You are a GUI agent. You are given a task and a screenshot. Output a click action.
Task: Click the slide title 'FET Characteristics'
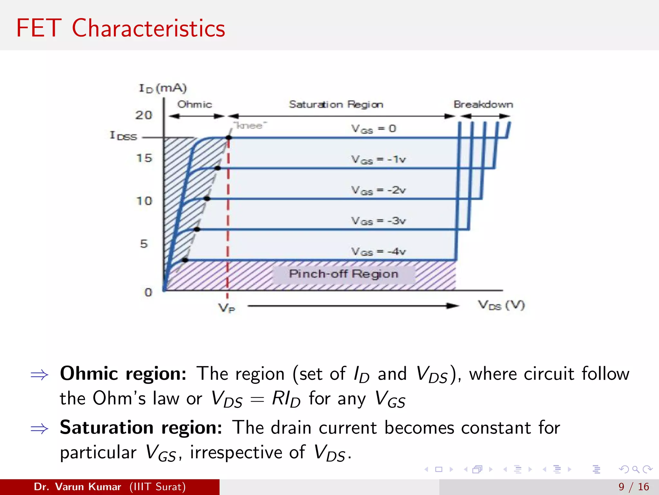pyautogui.click(x=121, y=28)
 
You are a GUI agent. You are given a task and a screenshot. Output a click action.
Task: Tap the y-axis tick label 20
pyautogui.click(x=144, y=115)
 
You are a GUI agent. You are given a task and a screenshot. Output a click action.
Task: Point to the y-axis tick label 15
pyautogui.click(x=144, y=158)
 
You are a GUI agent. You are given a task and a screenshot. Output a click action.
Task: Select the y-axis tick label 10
pyautogui.click(x=144, y=201)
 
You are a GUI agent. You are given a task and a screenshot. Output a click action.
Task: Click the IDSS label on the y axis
pyautogui.click(x=124, y=136)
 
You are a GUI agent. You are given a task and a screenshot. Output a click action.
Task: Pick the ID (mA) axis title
pyautogui.click(x=162, y=88)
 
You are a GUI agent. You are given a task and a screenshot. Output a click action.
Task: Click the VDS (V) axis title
pyautogui.click(x=501, y=305)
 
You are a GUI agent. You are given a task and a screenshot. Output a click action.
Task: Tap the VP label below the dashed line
pyautogui.click(x=227, y=308)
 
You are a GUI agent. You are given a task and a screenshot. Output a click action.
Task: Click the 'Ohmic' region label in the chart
pyautogui.click(x=195, y=104)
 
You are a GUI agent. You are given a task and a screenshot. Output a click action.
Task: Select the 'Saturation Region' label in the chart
pyautogui.click(x=336, y=104)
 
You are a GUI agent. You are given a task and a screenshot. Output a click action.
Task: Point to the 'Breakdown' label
pyautogui.click(x=483, y=104)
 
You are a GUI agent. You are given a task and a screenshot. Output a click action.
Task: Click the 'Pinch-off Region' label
pyautogui.click(x=344, y=274)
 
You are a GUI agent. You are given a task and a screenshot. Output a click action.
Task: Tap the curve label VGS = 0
pyautogui.click(x=373, y=129)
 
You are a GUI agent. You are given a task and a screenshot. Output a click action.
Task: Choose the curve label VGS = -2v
pyautogui.click(x=378, y=190)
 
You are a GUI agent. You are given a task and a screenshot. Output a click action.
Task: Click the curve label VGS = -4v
pyautogui.click(x=378, y=252)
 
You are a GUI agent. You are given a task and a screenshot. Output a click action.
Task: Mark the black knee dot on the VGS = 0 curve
pyautogui.click(x=228, y=138)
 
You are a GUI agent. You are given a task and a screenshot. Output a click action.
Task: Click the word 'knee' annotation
pyautogui.click(x=250, y=125)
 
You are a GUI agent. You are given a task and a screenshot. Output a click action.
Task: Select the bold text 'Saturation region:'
pyautogui.click(x=141, y=428)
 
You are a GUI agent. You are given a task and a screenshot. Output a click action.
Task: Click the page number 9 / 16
pyautogui.click(x=634, y=487)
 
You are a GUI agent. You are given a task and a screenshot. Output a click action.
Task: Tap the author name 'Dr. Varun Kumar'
pyautogui.click(x=77, y=487)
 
